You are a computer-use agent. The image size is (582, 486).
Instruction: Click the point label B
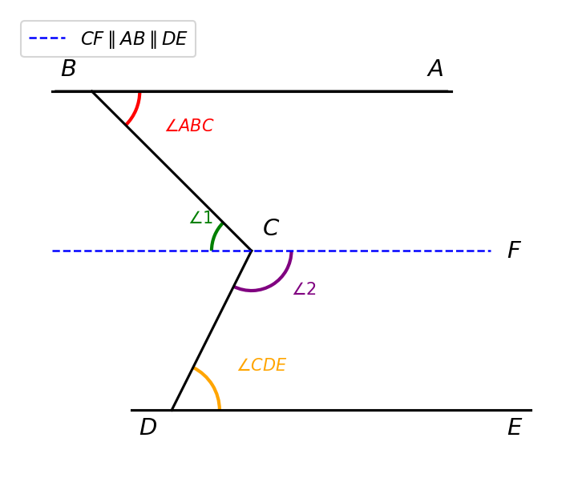point(69,68)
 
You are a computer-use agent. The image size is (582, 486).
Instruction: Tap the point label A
point(435,68)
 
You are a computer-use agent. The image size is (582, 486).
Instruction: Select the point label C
point(271,227)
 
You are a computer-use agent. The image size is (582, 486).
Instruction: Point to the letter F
point(515,250)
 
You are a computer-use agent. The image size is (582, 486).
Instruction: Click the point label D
point(148,427)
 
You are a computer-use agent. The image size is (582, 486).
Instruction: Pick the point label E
point(515,427)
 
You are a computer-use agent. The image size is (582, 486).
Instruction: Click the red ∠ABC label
point(190,125)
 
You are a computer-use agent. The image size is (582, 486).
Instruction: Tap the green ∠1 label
point(200,218)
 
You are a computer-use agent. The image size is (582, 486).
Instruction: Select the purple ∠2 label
point(305,289)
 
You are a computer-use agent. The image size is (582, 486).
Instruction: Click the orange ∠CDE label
point(262,365)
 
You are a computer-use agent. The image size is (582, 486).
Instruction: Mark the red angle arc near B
point(135,110)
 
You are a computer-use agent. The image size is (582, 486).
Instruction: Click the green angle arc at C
point(216,235)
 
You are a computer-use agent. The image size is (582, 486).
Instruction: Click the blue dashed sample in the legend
point(47,38)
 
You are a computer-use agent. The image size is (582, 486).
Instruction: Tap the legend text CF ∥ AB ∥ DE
point(134,38)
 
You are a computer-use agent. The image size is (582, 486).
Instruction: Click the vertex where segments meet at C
point(252,251)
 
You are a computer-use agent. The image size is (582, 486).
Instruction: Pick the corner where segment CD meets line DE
point(172,410)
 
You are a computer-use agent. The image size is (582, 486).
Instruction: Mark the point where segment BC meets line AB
point(92,91)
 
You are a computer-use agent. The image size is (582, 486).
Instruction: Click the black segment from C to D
point(212,331)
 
